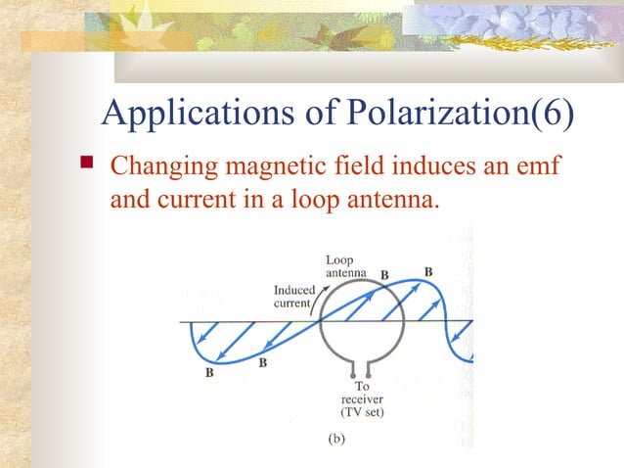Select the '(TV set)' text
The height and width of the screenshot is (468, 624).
point(362,412)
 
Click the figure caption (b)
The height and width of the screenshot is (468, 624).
point(334,441)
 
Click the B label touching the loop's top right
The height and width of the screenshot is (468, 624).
point(384,275)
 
